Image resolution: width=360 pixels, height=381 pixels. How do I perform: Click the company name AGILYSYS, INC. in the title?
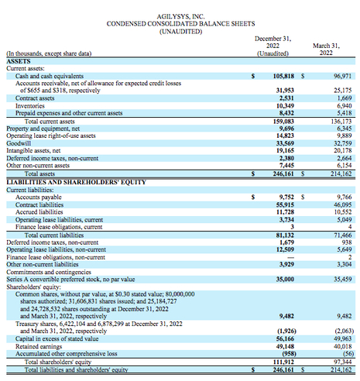click(x=180, y=14)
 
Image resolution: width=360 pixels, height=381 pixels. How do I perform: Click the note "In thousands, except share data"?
click(x=48, y=53)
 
